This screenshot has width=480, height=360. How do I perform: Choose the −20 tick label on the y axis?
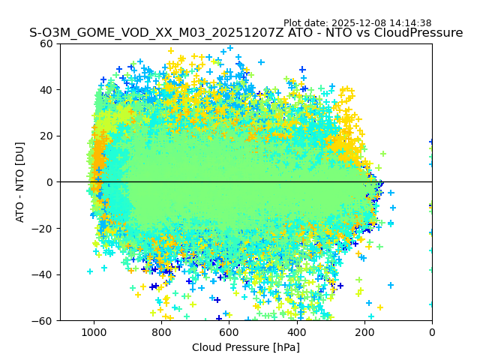coord(44,228)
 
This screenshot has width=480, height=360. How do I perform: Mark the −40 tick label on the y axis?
coord(44,274)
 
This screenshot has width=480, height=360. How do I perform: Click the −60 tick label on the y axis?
coord(44,320)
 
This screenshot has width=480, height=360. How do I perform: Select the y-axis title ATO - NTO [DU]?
coord(20,182)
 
